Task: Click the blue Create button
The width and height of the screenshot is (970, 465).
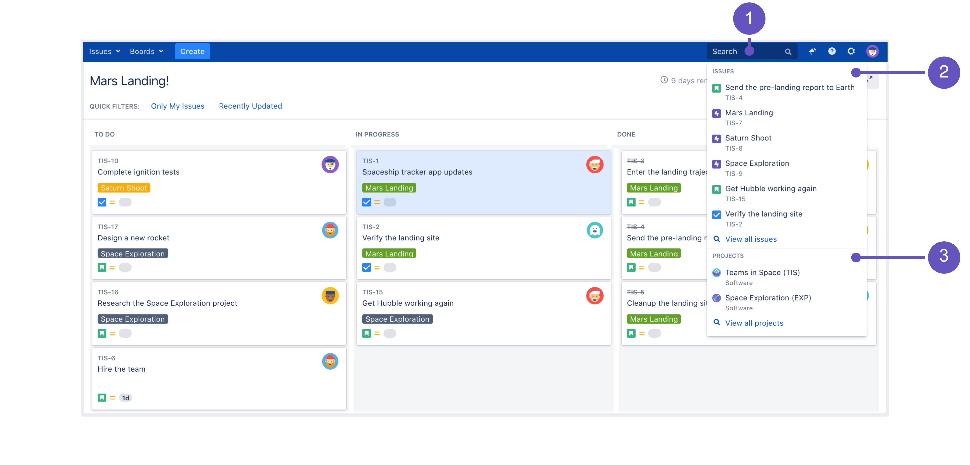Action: (192, 51)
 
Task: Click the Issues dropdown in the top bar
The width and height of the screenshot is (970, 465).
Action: (104, 51)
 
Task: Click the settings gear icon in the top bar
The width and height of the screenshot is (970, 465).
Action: (851, 51)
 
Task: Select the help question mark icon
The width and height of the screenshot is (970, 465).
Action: (831, 51)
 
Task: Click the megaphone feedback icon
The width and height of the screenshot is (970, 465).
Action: (812, 51)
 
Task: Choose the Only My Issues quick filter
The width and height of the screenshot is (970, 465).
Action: (177, 106)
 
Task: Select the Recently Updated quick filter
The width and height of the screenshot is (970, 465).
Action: (250, 106)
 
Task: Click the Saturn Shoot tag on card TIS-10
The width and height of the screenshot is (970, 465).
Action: (123, 188)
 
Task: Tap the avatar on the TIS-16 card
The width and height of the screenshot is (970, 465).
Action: (330, 296)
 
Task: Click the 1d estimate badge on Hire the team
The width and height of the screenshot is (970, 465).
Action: (125, 398)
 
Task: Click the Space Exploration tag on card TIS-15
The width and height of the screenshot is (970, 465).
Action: (397, 319)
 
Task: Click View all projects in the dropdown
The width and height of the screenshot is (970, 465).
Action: (754, 323)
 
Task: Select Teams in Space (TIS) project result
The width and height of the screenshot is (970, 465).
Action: (762, 272)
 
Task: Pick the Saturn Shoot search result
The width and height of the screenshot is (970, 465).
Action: (748, 138)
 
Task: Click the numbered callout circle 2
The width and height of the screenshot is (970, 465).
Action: (943, 72)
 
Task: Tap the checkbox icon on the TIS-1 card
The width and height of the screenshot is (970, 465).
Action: (366, 202)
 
